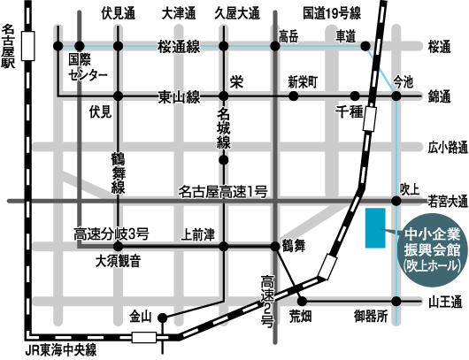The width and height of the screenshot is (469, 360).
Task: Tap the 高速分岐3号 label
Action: tap(111, 234)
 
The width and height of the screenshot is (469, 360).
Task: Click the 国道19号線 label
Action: tap(332, 13)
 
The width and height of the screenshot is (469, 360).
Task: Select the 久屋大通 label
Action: tap(237, 13)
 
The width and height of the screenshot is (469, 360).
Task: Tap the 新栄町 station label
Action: tap(303, 81)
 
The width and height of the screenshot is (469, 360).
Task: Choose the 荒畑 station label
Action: tap(301, 316)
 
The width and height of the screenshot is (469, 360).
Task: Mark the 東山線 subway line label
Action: tap(180, 96)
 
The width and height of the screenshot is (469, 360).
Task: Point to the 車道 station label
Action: tap(346, 36)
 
